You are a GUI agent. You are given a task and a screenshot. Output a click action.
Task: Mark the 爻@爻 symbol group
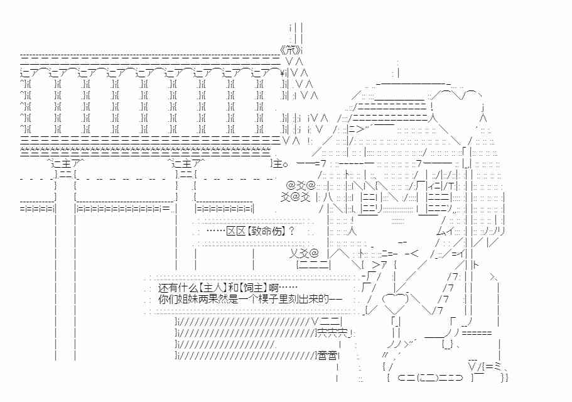tap(295, 197)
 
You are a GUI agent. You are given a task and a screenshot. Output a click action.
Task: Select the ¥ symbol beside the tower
tap(282, 72)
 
